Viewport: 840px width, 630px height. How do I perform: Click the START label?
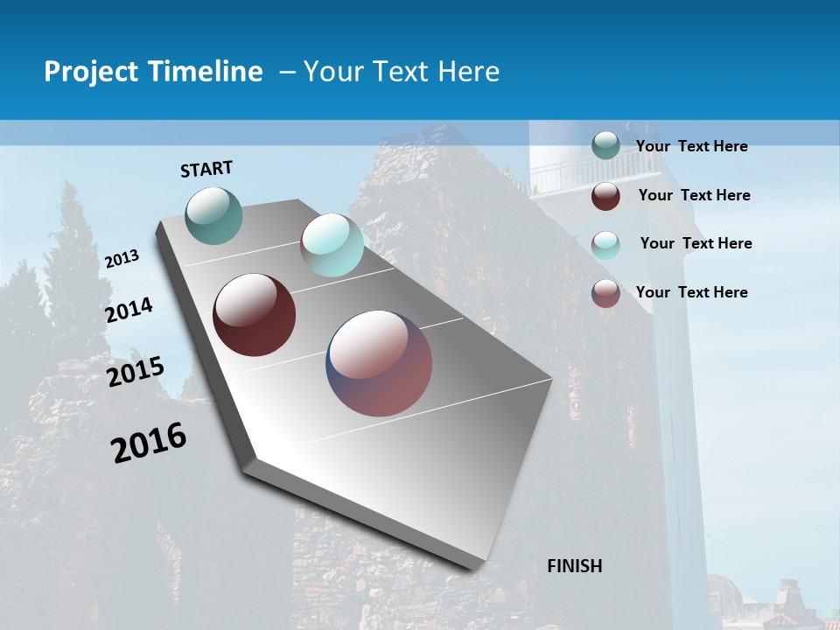click(206, 169)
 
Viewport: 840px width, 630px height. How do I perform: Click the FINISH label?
click(574, 566)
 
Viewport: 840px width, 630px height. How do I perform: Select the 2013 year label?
click(122, 259)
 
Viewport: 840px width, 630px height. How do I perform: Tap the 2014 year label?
click(129, 310)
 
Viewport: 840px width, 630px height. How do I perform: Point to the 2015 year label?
click(136, 372)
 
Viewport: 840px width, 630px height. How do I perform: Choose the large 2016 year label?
click(149, 442)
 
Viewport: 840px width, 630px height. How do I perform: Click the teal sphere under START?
click(214, 215)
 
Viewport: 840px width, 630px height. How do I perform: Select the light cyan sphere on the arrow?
click(332, 245)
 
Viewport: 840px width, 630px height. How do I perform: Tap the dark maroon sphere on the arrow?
click(254, 315)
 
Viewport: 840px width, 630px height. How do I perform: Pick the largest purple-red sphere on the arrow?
click(379, 363)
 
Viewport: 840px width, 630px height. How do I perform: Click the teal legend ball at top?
click(605, 145)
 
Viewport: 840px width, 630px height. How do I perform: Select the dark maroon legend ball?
click(605, 196)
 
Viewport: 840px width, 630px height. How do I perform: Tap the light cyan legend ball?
click(605, 245)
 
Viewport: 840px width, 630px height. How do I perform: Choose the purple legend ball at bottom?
click(605, 293)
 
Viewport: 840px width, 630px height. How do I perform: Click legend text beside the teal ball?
click(691, 146)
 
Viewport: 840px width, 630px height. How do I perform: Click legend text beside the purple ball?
click(691, 292)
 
